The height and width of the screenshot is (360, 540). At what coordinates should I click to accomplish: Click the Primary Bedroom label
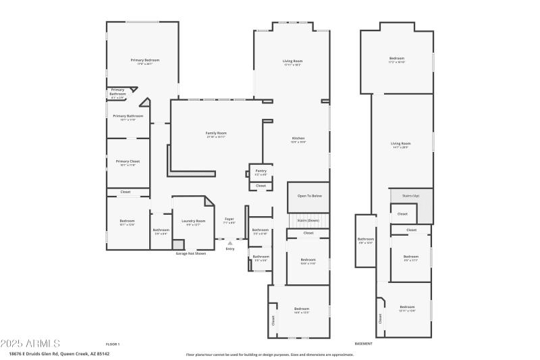144,61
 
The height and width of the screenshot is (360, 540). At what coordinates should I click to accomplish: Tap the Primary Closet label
128,161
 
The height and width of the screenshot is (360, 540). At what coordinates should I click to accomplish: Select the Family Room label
216,133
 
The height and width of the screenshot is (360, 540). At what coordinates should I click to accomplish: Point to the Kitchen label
298,138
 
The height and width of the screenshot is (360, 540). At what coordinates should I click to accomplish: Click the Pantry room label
261,171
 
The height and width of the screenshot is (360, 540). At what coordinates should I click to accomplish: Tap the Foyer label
230,220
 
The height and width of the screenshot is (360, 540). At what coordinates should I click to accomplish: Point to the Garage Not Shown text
191,253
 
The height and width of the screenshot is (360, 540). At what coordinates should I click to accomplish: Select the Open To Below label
310,196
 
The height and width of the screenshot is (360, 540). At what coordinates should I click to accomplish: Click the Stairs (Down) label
308,220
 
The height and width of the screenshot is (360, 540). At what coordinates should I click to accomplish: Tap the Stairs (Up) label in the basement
411,196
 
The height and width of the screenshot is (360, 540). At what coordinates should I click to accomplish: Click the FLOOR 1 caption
113,344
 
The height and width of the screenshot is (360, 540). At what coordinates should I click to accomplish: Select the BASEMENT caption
364,344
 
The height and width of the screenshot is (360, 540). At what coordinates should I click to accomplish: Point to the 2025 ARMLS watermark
30,344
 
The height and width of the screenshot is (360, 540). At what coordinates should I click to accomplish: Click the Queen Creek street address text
59,353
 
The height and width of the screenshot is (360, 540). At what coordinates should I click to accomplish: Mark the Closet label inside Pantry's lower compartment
261,185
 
